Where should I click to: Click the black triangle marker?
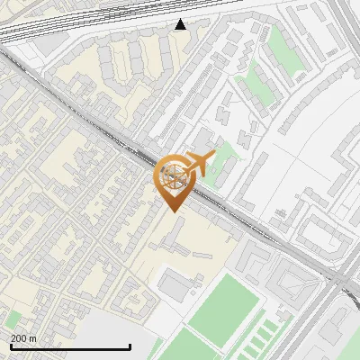tap(181, 25)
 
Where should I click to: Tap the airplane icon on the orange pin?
tap(197, 165)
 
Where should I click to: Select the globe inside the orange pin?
tap(172, 174)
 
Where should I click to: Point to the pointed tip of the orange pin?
tap(173, 211)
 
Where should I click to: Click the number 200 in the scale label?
tap(20, 338)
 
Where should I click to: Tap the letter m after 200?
tap(33, 338)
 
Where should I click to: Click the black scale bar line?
tap(70, 346)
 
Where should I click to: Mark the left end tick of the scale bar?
tap(10, 345)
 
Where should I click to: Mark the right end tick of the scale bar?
tap(130, 345)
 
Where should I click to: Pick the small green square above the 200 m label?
tap(13, 318)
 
